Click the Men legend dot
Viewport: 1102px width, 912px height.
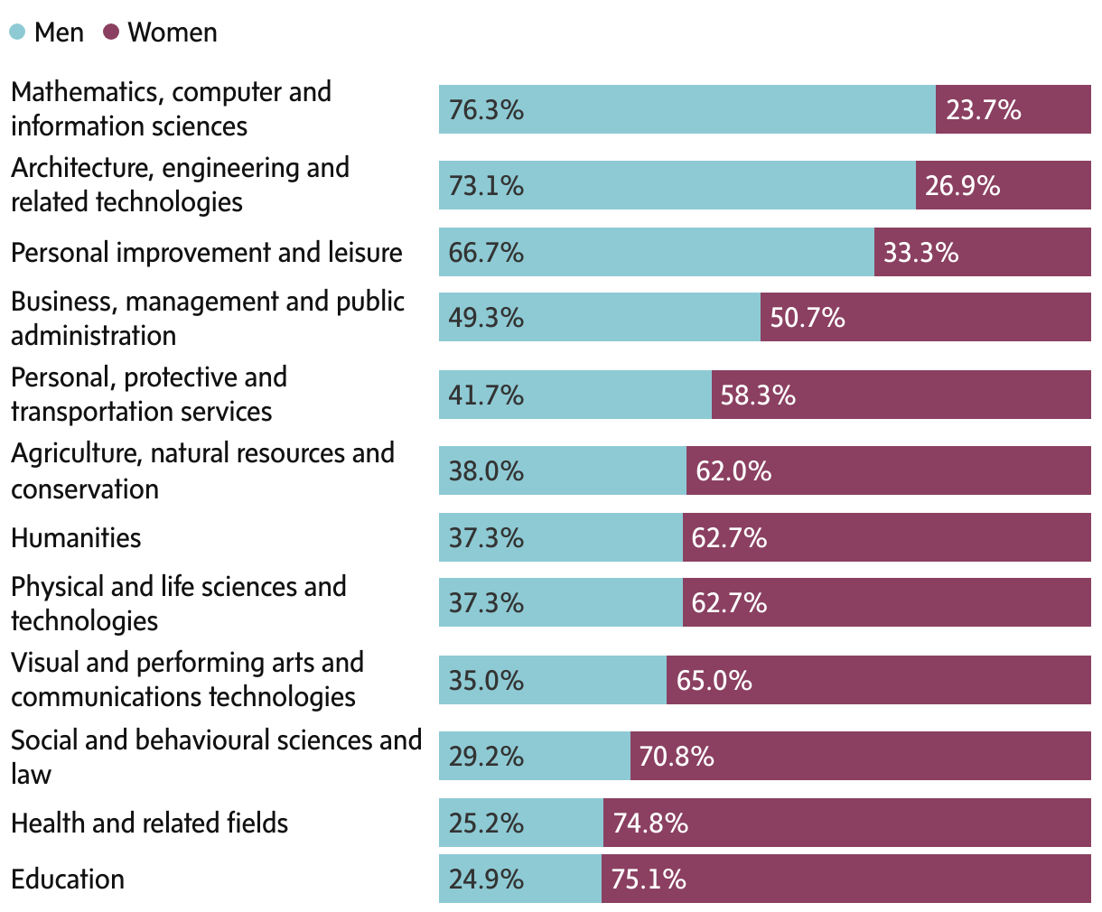click(x=18, y=33)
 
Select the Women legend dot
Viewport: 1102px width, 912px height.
click(x=112, y=33)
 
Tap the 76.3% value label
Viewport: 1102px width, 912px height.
click(x=486, y=110)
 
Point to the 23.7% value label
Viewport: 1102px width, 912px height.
click(x=983, y=110)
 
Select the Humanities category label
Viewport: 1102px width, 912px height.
click(x=76, y=538)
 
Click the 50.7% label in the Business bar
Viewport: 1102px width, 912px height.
click(x=807, y=318)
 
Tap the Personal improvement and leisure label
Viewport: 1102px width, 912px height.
click(x=206, y=253)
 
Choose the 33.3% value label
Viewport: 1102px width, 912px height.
click(x=920, y=253)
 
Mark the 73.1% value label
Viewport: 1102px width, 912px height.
click(x=486, y=186)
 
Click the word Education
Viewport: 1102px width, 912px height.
click(x=68, y=879)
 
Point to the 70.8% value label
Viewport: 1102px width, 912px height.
click(x=676, y=757)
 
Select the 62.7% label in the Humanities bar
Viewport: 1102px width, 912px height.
click(x=728, y=538)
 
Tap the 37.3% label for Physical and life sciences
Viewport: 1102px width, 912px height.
click(x=486, y=603)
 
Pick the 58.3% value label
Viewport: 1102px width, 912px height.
click(x=758, y=396)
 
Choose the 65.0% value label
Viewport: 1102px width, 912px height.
click(x=714, y=681)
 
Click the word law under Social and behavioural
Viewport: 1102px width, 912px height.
click(x=31, y=775)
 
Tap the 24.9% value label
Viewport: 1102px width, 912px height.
click(x=486, y=879)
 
